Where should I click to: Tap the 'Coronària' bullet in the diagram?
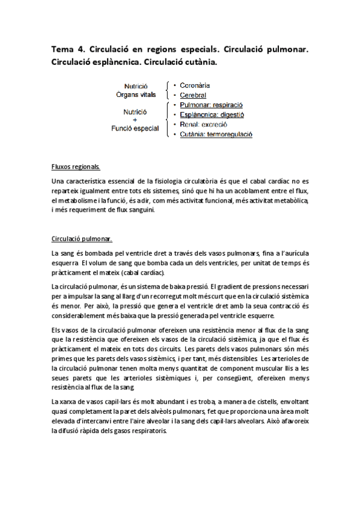pyautogui.click(x=193, y=85)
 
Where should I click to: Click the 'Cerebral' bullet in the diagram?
pyautogui.click(x=193, y=95)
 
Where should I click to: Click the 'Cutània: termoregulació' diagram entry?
pyautogui.click(x=216, y=134)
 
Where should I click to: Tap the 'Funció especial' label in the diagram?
pyautogui.click(x=135, y=128)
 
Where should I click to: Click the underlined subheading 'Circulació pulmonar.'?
pyautogui.click(x=81, y=238)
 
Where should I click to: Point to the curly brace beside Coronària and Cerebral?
pyautogui.click(x=167, y=90)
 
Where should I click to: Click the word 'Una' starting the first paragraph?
pyautogui.click(x=58, y=181)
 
